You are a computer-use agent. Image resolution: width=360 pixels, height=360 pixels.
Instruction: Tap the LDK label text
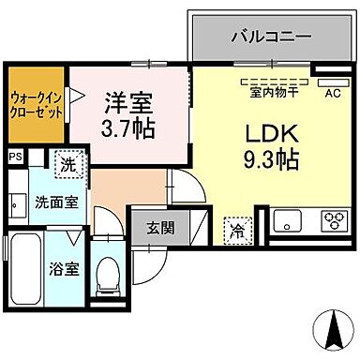[265, 132]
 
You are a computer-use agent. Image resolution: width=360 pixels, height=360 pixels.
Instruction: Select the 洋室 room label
[128, 99]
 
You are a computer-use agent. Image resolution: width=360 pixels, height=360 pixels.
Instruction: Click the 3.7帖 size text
[128, 127]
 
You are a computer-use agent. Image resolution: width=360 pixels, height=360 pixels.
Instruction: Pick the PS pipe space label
[16, 157]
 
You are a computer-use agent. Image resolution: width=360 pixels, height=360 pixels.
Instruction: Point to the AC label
[332, 92]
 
